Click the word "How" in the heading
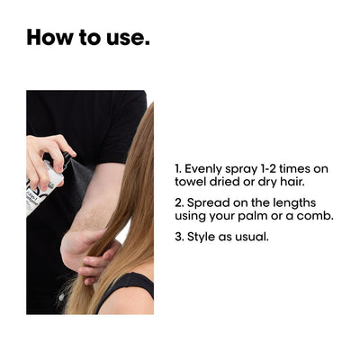coord(50,37)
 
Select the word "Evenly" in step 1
coord(203,169)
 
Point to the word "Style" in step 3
coord(201,237)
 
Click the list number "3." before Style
coord(179,237)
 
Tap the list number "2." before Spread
coord(179,203)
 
